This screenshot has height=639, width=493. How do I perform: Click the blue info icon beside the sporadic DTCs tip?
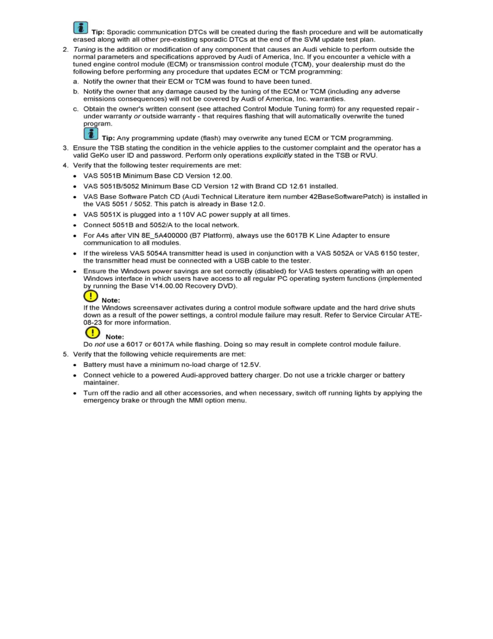pos(81,28)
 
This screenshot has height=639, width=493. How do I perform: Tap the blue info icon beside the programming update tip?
pos(91,133)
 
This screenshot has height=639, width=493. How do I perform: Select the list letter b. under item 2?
pos(77,92)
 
